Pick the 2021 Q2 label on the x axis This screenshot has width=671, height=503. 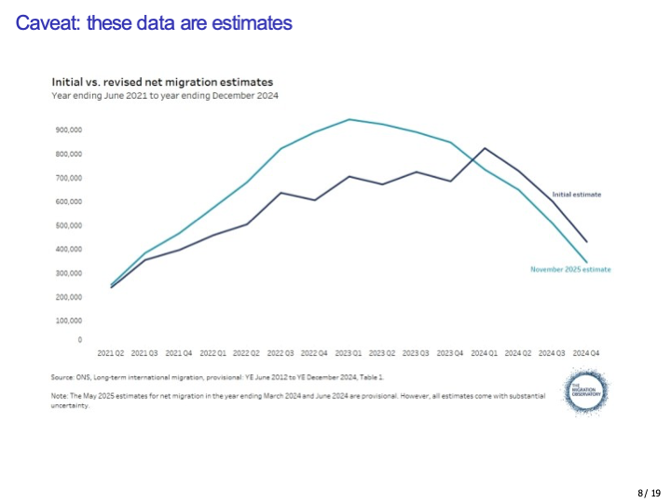pyautogui.click(x=112, y=354)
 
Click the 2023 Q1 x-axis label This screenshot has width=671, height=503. pyautogui.click(x=349, y=354)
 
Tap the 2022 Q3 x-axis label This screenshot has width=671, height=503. pyautogui.click(x=281, y=354)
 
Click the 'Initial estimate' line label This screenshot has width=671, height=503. pyautogui.click(x=582, y=194)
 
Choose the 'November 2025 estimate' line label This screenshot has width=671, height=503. pyautogui.click(x=570, y=269)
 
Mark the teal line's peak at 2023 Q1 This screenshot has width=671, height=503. pyautogui.click(x=349, y=119)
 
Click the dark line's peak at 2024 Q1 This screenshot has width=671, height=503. pyautogui.click(x=485, y=148)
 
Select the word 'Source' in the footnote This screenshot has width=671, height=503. pyautogui.click(x=60, y=376)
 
